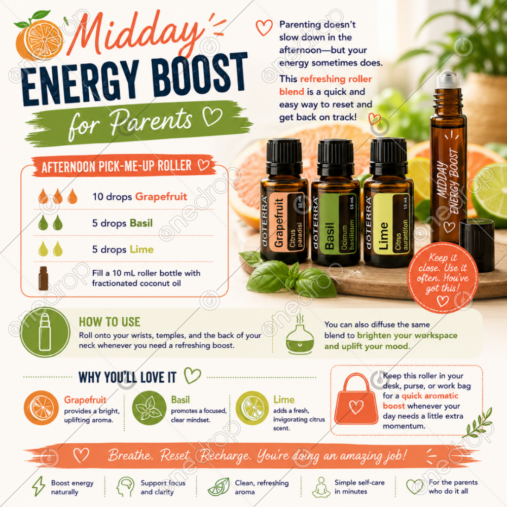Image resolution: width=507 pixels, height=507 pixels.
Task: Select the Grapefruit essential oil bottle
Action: click(x=284, y=200)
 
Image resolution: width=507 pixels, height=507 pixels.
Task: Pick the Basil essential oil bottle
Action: click(x=336, y=202)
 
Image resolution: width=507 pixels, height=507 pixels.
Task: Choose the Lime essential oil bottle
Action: click(x=388, y=202)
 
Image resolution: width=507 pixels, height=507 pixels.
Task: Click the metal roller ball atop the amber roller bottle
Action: click(x=448, y=79)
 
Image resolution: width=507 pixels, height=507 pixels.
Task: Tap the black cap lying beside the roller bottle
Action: click(x=477, y=244)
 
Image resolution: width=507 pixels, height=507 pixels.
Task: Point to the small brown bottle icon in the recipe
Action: click(x=43, y=278)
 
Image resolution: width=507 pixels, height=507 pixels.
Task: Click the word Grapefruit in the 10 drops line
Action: click(x=161, y=196)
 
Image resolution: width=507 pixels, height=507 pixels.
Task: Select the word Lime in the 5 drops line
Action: click(x=141, y=249)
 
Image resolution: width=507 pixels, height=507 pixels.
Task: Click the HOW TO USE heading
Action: click(x=110, y=322)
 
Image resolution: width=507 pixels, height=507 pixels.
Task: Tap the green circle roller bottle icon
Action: click(x=45, y=332)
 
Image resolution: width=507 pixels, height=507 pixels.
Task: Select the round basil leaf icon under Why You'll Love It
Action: click(x=149, y=408)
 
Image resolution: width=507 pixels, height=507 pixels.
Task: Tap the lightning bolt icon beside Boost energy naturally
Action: click(x=39, y=486)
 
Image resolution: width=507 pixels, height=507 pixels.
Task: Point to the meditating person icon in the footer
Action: click(x=321, y=487)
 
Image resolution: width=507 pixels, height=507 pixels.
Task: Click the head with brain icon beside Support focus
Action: click(x=125, y=487)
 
